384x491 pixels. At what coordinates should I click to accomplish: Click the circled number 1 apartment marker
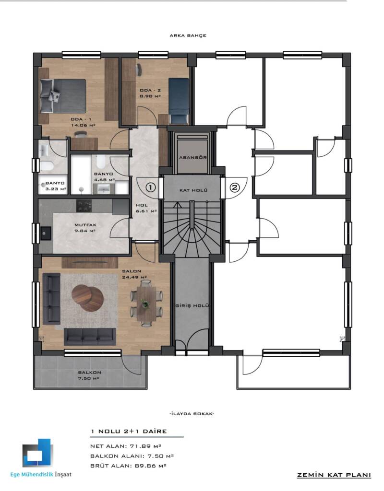point(151,187)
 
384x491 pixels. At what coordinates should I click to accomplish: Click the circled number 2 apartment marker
point(235,187)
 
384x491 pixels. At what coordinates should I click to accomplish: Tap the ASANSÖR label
point(193,157)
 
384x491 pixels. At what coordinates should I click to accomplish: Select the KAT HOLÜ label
point(193,190)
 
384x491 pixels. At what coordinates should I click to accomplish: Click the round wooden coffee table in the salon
point(87,298)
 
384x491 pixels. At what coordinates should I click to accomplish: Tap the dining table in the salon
point(146,304)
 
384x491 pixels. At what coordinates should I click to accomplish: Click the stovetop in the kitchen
point(84,205)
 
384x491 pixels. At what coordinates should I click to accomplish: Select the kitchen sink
point(46,234)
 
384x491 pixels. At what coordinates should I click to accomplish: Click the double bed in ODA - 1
point(63,95)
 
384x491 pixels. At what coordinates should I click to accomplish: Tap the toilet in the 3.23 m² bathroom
point(46,165)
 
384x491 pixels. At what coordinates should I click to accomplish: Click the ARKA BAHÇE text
point(188,35)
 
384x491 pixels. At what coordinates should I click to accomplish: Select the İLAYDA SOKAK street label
point(192,414)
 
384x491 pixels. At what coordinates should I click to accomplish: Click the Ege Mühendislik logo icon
point(37,453)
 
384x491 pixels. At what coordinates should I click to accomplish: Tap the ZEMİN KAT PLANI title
point(334,475)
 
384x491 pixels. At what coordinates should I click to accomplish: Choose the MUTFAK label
point(85,225)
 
